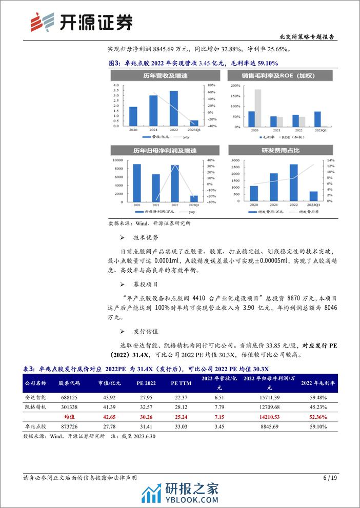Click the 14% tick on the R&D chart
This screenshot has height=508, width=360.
[x=331, y=161]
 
